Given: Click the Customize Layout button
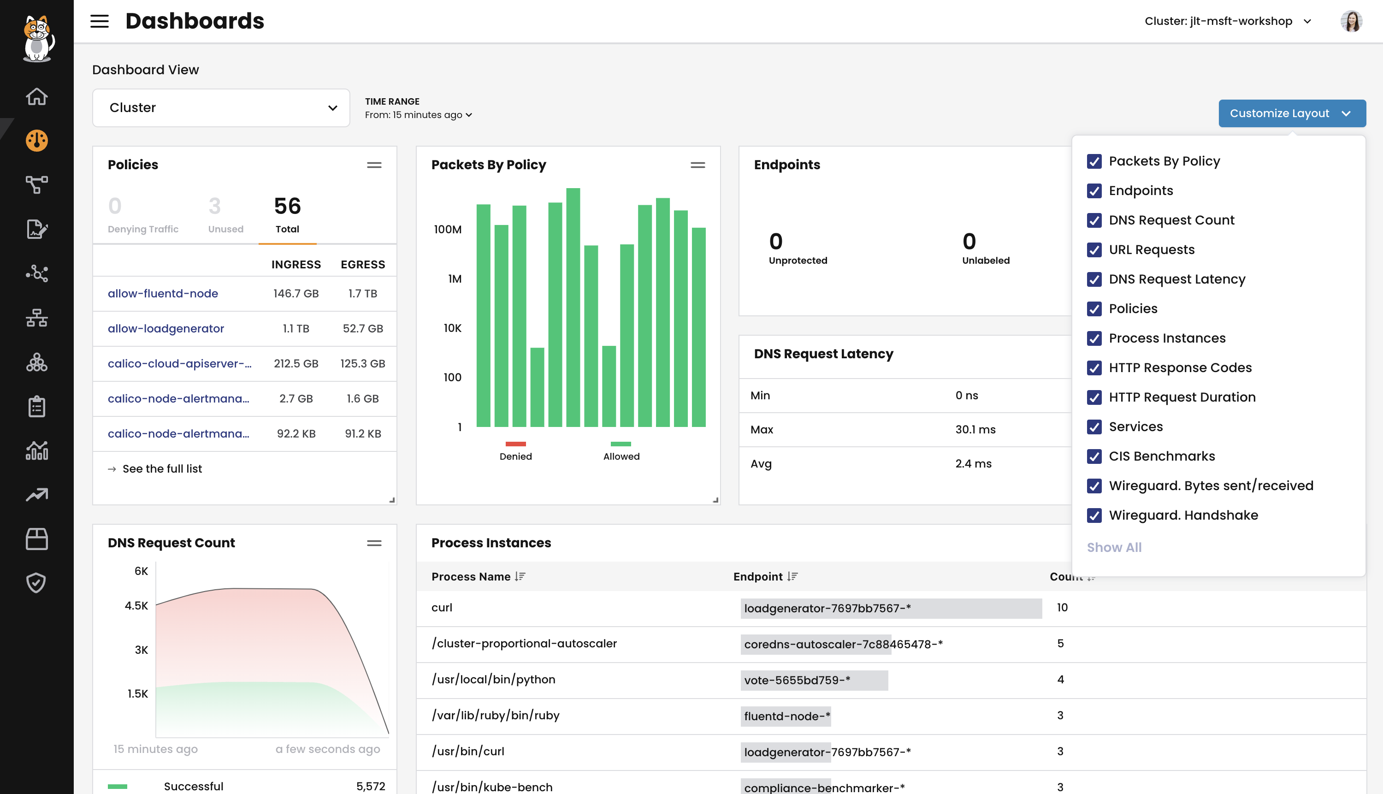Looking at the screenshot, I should (1291, 113).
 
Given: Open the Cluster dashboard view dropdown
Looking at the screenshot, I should (221, 108).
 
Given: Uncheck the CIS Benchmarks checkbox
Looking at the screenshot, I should (1093, 456).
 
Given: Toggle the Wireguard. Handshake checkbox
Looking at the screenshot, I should (1093, 516).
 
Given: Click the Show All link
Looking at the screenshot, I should (1114, 547).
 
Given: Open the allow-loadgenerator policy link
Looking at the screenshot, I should (165, 329).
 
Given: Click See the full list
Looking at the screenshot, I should (162, 469).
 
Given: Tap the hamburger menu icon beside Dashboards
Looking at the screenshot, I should (99, 22).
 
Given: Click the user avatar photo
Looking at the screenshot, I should (1350, 22).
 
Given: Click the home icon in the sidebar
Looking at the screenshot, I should (36, 96).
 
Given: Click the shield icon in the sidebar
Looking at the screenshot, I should (36, 583).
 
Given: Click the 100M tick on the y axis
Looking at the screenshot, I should (448, 230).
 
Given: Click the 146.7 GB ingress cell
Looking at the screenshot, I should (296, 294).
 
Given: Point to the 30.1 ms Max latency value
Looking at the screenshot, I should (975, 430).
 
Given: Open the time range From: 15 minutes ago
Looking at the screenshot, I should (418, 115).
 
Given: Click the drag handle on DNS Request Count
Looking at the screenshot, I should (374, 543).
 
